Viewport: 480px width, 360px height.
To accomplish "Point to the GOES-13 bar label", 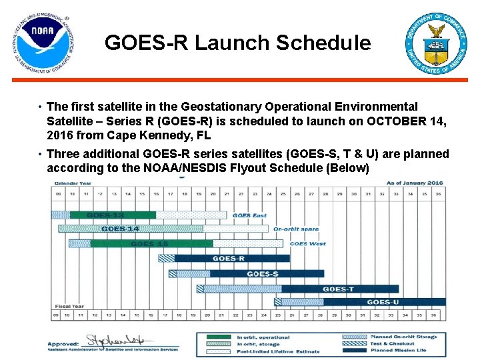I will click(105, 215).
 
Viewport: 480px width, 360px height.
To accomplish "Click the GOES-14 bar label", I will click(120, 229).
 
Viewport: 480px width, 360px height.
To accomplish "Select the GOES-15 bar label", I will click(149, 244).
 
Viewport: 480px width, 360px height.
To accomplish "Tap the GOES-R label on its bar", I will click(229, 259).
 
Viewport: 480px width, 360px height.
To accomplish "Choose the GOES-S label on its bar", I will click(263, 274).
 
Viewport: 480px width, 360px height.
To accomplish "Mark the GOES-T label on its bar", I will click(339, 289).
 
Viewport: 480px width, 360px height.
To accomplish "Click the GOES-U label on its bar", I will click(383, 303).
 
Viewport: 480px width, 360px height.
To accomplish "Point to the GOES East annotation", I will click(250, 215).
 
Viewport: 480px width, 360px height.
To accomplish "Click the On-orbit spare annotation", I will click(296, 229).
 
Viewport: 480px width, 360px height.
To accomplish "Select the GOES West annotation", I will click(308, 244).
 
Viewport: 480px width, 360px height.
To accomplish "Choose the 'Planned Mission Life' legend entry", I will click(397, 351).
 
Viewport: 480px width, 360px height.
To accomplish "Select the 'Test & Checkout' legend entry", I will click(393, 344).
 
